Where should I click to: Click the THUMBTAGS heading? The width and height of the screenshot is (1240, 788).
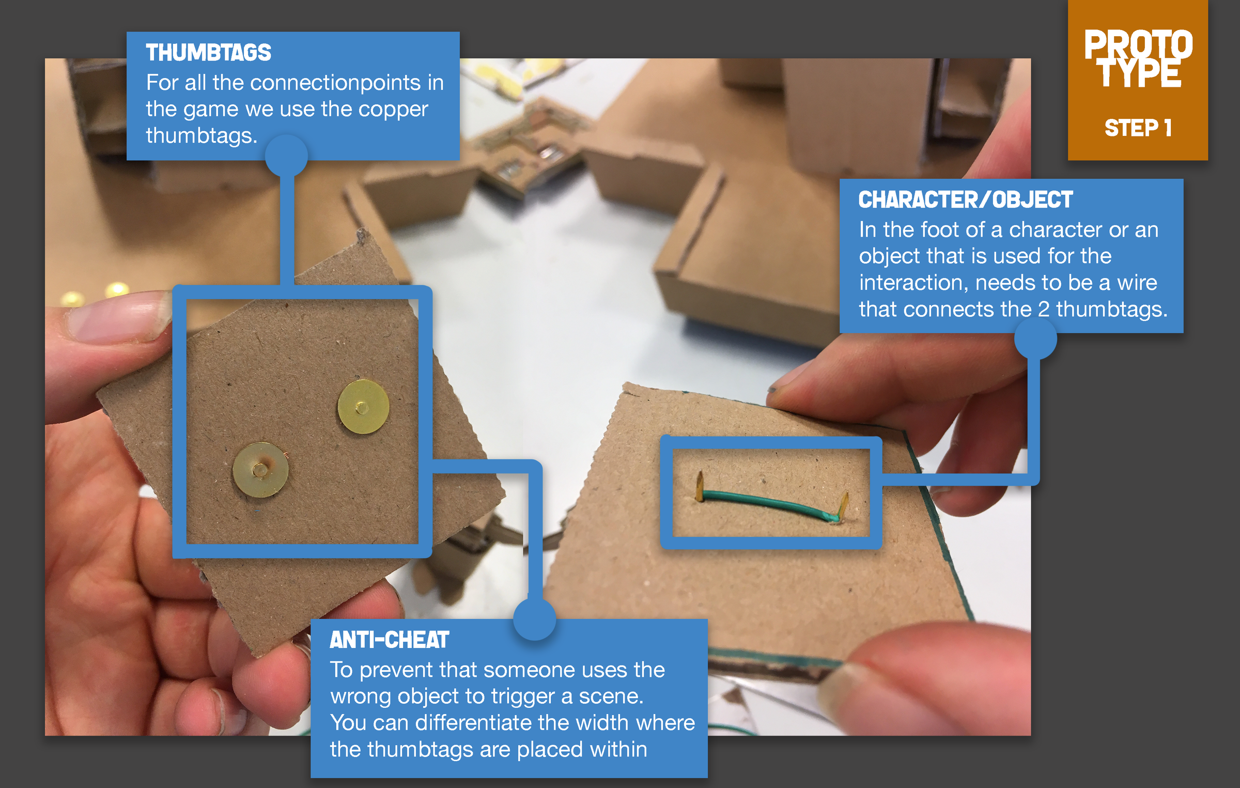208,53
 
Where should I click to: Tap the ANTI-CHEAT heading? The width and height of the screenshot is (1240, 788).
389,640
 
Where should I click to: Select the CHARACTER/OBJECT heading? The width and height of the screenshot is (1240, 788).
965,200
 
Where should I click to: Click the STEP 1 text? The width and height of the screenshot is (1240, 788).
1138,128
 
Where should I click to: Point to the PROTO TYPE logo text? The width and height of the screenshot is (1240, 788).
1138,58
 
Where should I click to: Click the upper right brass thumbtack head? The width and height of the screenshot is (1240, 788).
363,407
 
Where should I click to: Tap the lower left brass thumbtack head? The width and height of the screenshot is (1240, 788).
260,470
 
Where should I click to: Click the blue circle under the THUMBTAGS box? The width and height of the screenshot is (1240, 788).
286,156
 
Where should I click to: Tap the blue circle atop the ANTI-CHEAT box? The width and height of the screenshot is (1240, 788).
535,619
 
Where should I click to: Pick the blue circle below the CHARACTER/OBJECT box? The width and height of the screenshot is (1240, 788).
1035,338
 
